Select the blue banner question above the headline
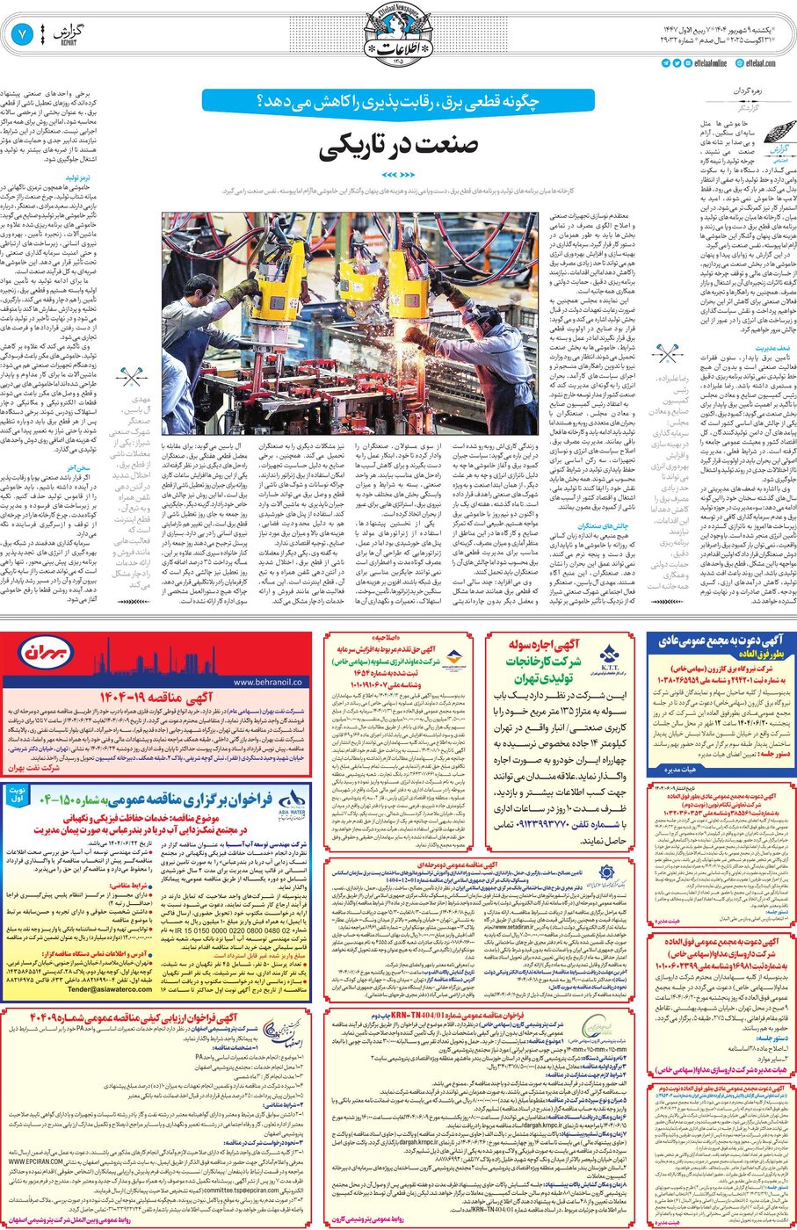click(398, 101)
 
